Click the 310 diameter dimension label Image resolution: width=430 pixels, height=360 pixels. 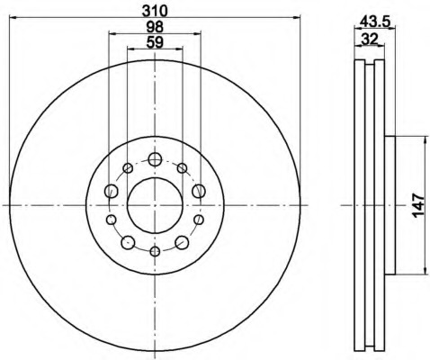click(155, 11)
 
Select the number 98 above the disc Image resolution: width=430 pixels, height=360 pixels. click(155, 27)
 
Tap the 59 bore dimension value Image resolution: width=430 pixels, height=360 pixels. click(155, 42)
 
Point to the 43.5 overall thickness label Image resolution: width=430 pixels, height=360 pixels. click(375, 21)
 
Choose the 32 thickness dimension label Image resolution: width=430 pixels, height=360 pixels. click(370, 39)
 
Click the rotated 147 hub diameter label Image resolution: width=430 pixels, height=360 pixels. click(418, 205)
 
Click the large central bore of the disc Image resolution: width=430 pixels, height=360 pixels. click(155, 205)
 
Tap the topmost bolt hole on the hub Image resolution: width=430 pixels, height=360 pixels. click(155, 159)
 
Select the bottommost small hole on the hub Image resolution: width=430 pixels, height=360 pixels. click(155, 251)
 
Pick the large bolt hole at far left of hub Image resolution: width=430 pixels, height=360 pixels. click(112, 191)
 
